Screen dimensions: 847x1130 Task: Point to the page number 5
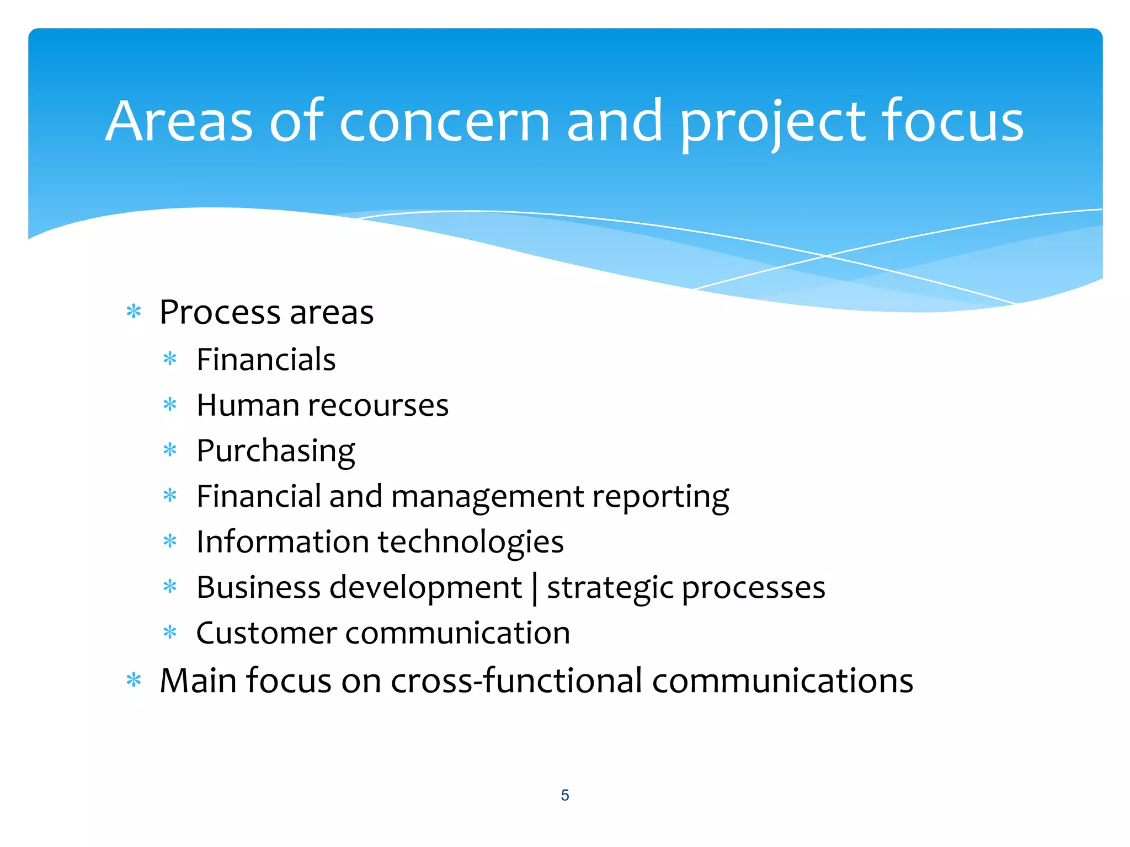[564, 795]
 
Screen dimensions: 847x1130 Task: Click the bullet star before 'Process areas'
[134, 312]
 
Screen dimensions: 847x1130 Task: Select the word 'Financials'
[266, 360]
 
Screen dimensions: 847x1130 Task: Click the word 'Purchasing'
[275, 452]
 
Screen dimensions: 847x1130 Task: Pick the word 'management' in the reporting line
[487, 497]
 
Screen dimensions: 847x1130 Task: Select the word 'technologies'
[471, 542]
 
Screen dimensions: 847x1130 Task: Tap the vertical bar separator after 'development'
[534, 588]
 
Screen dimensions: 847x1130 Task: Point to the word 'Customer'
[266, 633]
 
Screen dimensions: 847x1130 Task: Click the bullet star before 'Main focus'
[134, 680]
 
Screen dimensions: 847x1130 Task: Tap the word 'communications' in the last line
[782, 680]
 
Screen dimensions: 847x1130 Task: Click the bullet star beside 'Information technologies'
[170, 542]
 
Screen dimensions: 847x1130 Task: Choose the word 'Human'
[248, 406]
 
